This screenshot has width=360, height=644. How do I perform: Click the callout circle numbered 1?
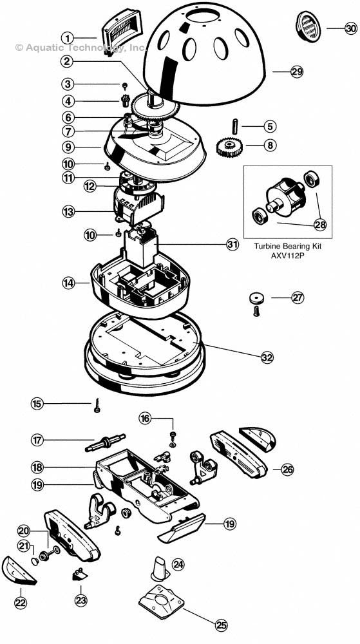[x=69, y=37]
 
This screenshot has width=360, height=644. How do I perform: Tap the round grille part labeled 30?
[x=307, y=27]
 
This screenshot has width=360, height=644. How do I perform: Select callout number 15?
[x=37, y=403]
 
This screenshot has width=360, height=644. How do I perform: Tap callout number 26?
[x=287, y=469]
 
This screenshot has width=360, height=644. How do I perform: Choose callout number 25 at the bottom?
[x=222, y=624]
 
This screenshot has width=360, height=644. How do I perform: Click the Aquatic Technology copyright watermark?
[x=81, y=47]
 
